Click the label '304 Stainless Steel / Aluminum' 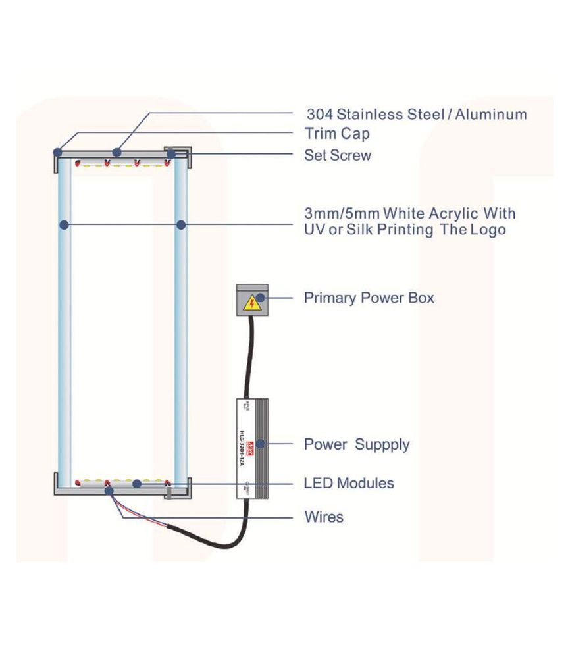click(x=417, y=115)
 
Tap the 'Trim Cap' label click(x=337, y=134)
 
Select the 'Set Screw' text click(x=338, y=156)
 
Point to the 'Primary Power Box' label click(x=369, y=298)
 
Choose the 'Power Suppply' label click(x=357, y=444)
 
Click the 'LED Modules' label click(x=349, y=483)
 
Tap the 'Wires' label click(x=324, y=517)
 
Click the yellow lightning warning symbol click(x=251, y=303)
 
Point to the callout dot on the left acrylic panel click(x=64, y=225)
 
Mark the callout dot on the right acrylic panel click(x=181, y=225)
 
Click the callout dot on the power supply click(x=261, y=444)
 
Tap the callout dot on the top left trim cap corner click(x=58, y=153)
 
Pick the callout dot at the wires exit click(x=109, y=490)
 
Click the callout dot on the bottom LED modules click(x=137, y=484)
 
